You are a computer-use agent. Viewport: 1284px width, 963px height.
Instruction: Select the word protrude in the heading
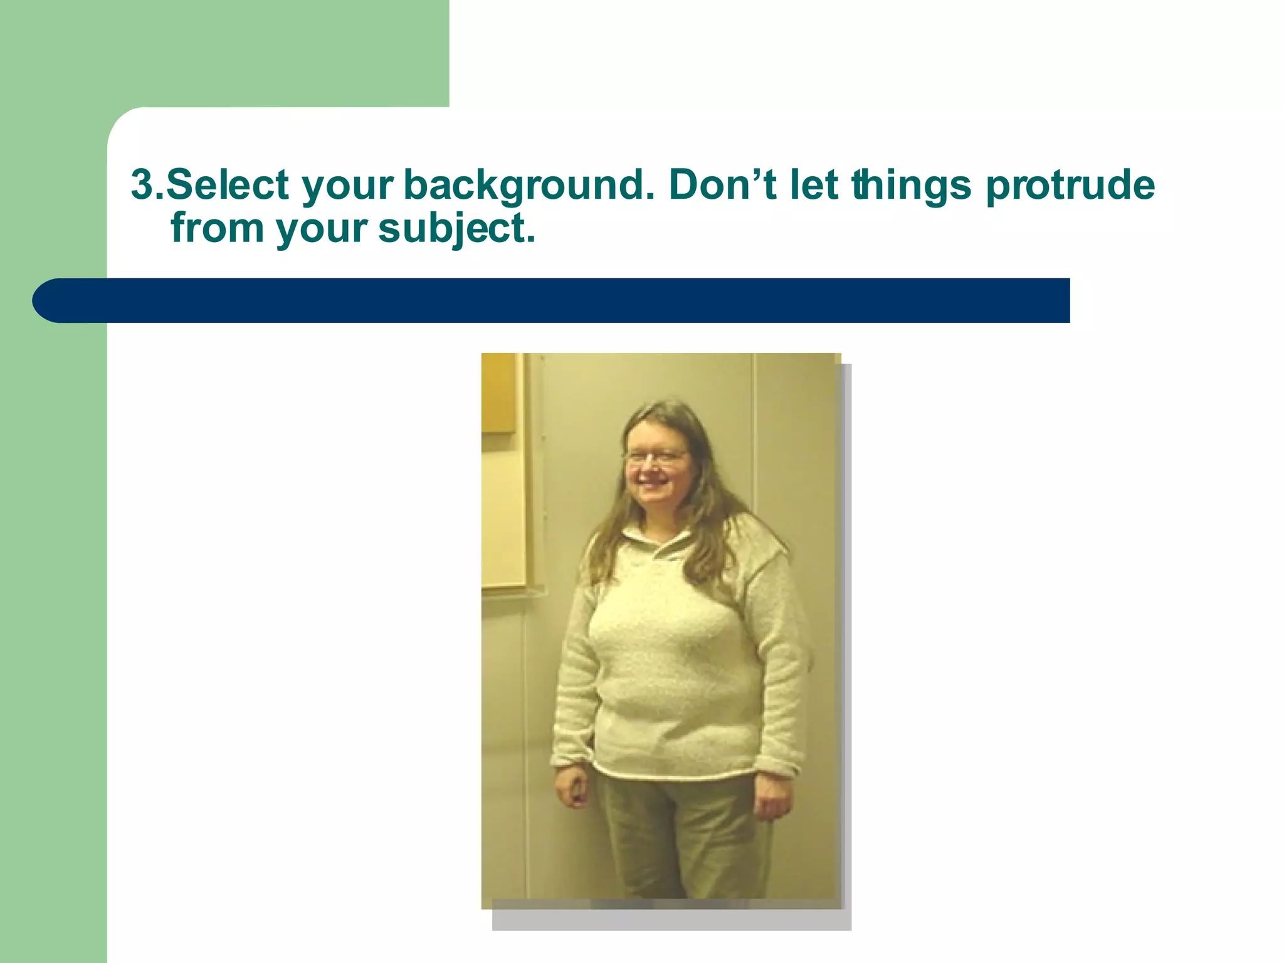[x=1070, y=186]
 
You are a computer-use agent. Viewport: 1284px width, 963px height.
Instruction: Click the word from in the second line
[x=217, y=228]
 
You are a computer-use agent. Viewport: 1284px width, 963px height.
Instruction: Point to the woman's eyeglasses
[x=656, y=456]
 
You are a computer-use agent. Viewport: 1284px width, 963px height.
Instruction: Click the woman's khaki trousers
[x=680, y=834]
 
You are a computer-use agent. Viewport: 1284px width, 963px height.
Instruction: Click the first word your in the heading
[x=347, y=186]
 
